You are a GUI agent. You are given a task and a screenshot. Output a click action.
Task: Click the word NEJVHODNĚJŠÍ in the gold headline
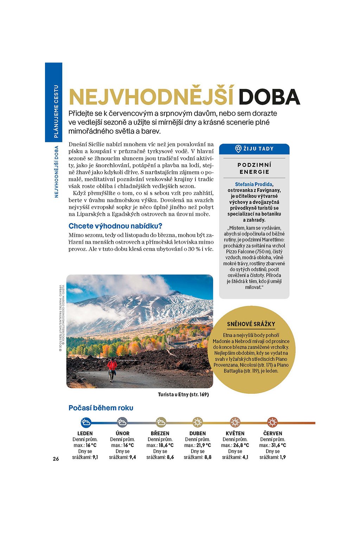[151, 97]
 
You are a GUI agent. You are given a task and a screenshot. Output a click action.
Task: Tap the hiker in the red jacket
[112, 368]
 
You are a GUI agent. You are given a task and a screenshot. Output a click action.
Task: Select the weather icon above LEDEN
[86, 422]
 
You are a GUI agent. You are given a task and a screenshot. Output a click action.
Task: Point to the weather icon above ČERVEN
[272, 422]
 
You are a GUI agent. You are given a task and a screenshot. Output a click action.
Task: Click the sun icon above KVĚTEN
[235, 422]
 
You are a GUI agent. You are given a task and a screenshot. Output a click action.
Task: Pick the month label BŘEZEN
[160, 433]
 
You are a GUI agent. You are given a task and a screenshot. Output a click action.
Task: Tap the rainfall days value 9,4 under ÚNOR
[132, 457]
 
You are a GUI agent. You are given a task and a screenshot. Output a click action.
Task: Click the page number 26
[56, 458]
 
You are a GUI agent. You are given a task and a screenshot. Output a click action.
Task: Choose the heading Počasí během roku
[101, 408]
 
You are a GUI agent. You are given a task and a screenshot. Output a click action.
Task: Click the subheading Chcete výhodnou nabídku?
[115, 226]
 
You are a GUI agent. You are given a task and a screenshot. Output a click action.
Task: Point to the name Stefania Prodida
[253, 184]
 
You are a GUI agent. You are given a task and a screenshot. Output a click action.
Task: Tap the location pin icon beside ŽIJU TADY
[238, 149]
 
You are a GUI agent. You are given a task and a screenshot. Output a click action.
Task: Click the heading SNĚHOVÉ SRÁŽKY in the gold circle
[251, 324]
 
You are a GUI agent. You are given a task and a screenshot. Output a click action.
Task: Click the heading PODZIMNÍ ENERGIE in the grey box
[254, 168]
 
